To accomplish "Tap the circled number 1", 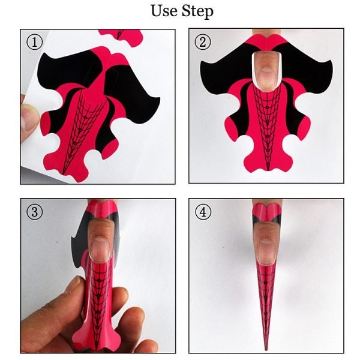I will [33, 42].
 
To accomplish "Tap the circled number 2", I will [202, 42].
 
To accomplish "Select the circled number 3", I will [33, 212].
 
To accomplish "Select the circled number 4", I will [202, 212].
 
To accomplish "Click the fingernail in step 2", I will [266, 69].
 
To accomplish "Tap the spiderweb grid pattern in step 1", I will [84, 120].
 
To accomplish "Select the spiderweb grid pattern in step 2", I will [266, 120].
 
